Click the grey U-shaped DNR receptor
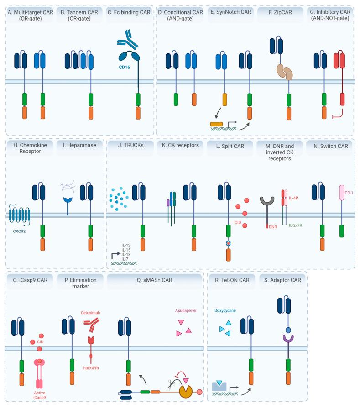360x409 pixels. [x=266, y=205]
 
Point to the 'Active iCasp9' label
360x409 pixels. [x=39, y=395]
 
